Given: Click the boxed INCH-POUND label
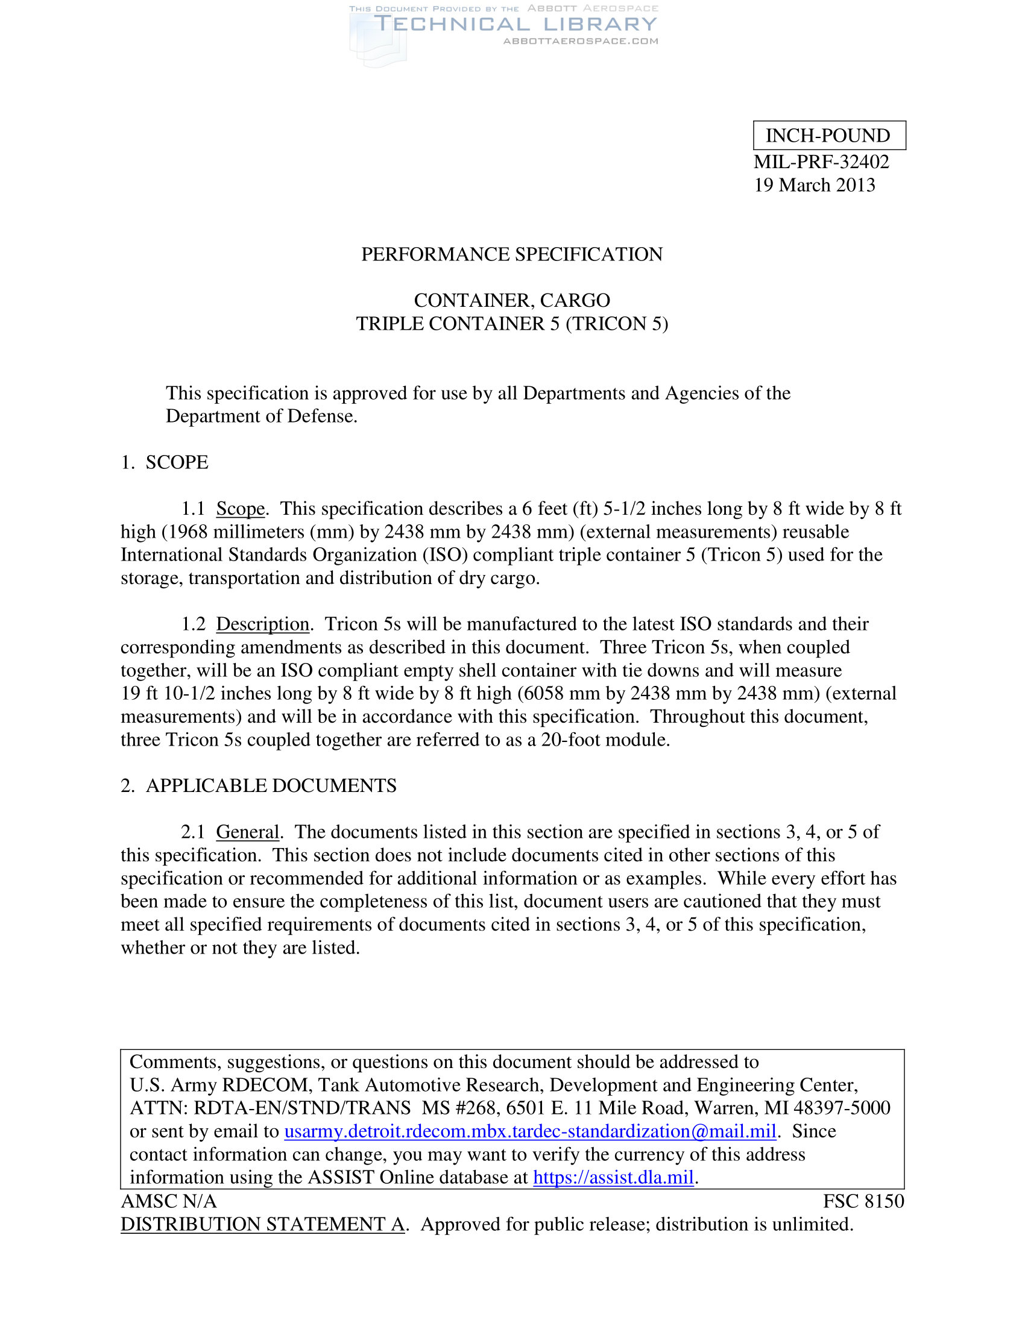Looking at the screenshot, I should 828,136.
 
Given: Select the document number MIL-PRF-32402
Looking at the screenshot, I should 821,162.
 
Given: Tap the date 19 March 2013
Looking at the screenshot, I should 815,185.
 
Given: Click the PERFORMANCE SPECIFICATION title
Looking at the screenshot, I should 512,254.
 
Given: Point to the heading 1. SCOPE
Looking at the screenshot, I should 164,463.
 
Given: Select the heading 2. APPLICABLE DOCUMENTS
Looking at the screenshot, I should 259,786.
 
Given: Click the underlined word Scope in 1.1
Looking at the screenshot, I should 241,509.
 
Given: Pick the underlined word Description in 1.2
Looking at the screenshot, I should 263,624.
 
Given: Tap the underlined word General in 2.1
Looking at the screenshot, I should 247,832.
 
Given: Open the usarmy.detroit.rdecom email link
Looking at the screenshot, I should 530,1131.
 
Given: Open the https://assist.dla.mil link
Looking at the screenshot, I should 613,1177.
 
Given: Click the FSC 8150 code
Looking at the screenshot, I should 863,1201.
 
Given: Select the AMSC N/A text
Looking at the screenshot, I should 169,1201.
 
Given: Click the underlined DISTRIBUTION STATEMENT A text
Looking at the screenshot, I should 262,1224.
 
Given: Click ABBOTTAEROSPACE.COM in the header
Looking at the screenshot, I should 581,41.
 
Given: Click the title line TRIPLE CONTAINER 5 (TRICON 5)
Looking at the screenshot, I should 512,324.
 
